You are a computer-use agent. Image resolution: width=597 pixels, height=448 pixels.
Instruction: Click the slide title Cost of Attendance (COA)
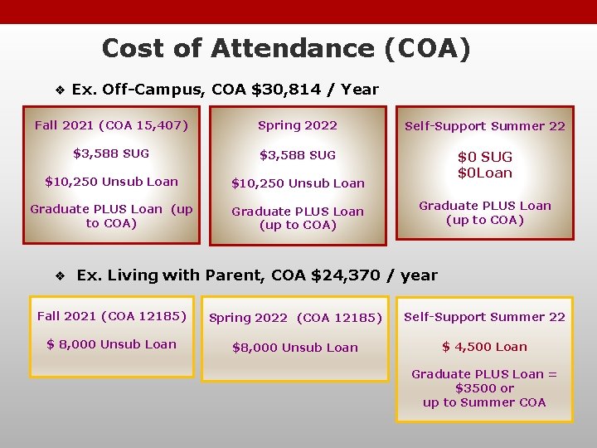pos(286,49)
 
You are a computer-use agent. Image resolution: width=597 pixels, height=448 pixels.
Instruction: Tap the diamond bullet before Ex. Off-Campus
pos(59,90)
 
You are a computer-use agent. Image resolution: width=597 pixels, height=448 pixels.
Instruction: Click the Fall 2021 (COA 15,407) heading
pos(111,126)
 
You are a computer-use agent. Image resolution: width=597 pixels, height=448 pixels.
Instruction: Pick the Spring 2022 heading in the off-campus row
pos(298,125)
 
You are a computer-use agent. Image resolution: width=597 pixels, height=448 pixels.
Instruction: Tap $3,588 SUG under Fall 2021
pos(111,153)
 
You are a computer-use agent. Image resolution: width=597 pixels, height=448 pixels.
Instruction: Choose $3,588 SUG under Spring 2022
pos(298,155)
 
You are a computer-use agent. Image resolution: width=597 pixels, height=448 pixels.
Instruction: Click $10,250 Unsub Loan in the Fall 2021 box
pos(111,182)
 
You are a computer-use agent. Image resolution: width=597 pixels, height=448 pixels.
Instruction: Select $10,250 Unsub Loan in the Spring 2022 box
pos(298,183)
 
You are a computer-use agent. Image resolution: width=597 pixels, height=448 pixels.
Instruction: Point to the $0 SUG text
pos(485,157)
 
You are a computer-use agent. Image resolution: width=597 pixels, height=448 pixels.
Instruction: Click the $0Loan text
pos(485,173)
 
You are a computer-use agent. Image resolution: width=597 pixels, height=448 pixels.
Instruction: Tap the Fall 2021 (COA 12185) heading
pos(111,316)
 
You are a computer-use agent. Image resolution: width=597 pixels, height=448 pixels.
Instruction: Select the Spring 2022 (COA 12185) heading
pos(295,318)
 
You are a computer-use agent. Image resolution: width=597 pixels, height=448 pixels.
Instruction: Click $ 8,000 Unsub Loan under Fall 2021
pos(111,344)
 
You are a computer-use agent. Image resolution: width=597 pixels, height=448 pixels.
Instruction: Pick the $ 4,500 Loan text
pos(484,347)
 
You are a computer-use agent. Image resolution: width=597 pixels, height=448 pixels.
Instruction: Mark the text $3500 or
pos(484,388)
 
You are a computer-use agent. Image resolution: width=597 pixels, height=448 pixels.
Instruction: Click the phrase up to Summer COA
pos(484,402)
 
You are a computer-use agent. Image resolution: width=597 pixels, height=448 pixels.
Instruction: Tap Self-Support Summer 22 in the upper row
pos(485,126)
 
